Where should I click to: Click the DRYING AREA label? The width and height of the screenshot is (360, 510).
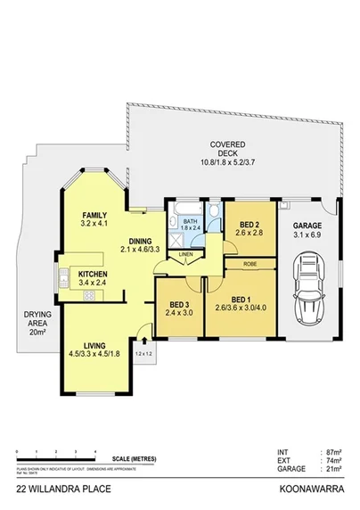[x=37, y=323]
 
